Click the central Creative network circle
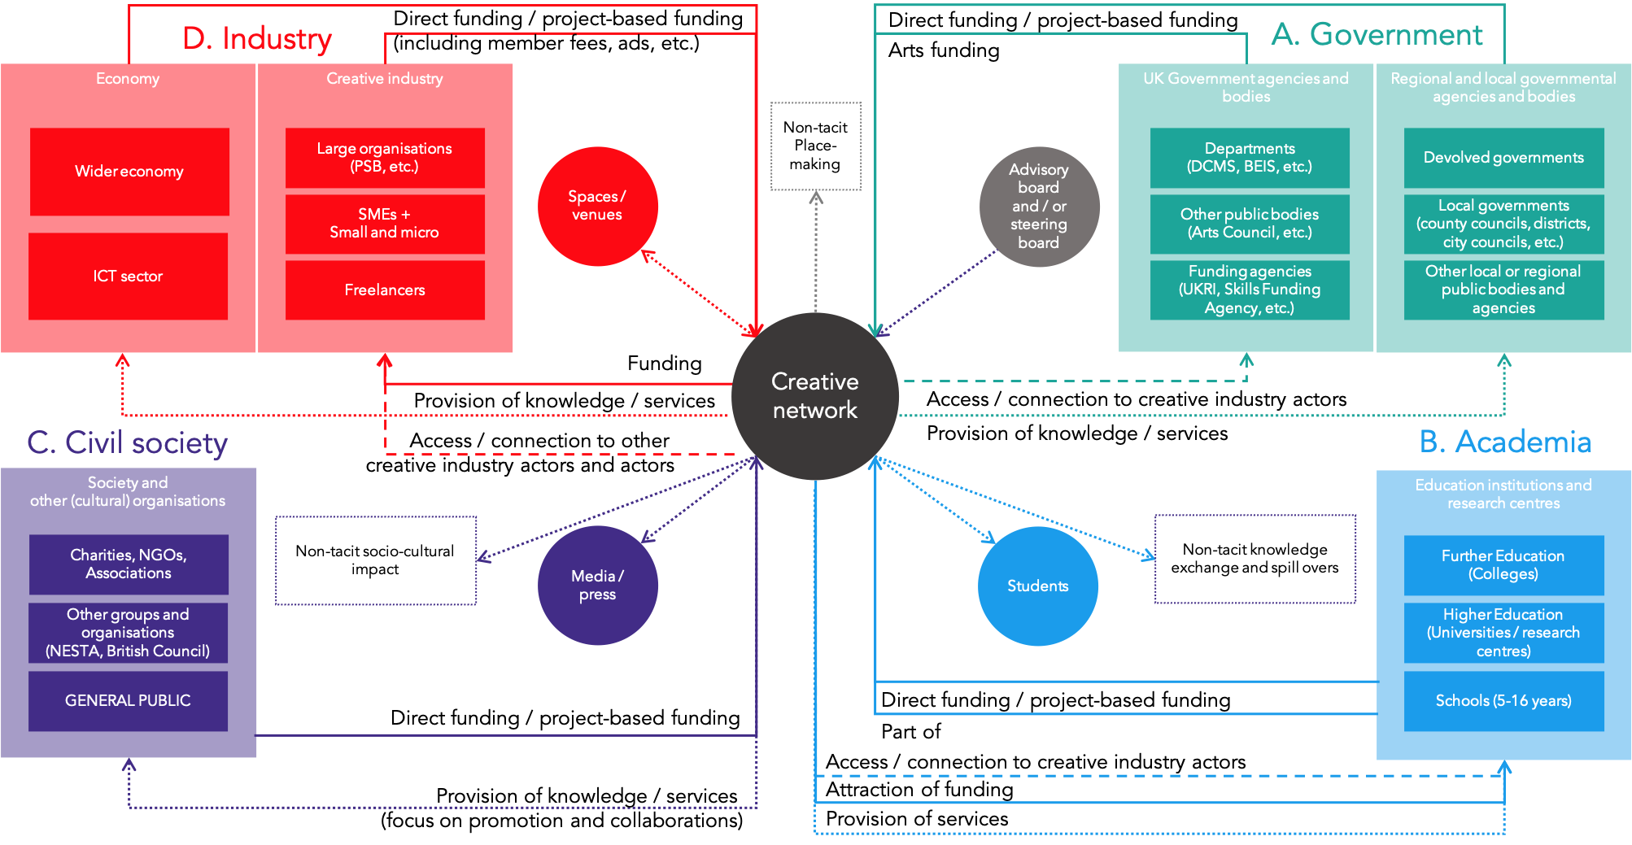tap(814, 396)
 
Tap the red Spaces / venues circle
tap(597, 206)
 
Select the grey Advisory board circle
tap(1039, 207)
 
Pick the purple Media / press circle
tap(597, 585)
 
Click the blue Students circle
tap(1037, 586)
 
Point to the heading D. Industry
tap(256, 38)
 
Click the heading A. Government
tap(1377, 34)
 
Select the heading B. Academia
tap(1504, 442)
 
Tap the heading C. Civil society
tap(127, 442)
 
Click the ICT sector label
tap(128, 277)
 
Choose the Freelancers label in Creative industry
tap(384, 290)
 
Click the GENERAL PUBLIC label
tap(128, 700)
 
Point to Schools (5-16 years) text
tap(1503, 700)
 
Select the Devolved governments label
tap(1503, 158)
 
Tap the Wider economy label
tap(129, 172)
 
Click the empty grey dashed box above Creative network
tap(816, 146)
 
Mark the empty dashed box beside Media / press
tap(376, 560)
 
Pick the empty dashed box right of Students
tap(1255, 559)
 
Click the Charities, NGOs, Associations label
tap(128, 564)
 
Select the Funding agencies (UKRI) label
tap(1249, 290)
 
